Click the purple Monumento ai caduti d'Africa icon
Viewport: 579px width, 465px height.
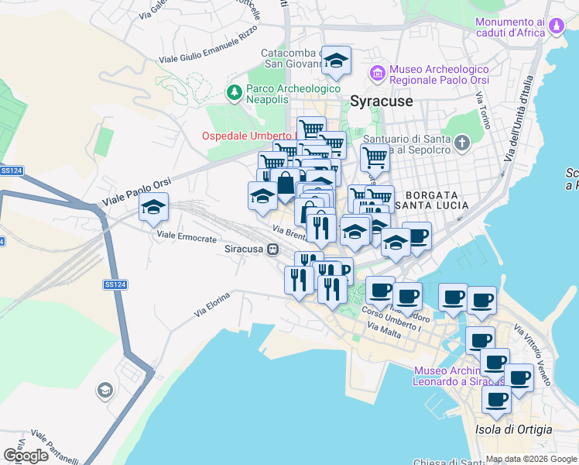(x=556, y=28)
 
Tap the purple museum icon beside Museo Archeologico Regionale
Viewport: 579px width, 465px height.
(x=378, y=74)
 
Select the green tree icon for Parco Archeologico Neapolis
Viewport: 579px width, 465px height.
(x=234, y=93)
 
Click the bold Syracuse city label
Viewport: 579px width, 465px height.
(x=382, y=102)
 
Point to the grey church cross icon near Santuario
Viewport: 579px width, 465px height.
(x=462, y=143)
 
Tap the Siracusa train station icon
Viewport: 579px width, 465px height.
(x=272, y=250)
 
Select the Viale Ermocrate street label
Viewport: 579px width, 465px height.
(x=187, y=239)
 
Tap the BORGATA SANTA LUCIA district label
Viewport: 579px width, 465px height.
(x=432, y=199)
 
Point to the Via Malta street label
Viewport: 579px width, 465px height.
(x=384, y=330)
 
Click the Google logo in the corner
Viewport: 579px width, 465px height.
(x=26, y=456)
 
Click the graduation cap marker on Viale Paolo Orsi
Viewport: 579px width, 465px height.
(x=154, y=207)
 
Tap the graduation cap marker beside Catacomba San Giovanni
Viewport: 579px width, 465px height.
(x=337, y=60)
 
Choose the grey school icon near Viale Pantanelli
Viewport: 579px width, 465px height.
(x=104, y=390)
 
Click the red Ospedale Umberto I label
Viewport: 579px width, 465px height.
(x=249, y=136)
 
